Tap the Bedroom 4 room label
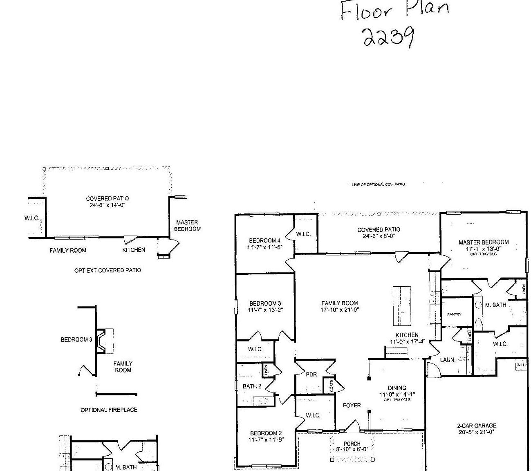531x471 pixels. (264, 240)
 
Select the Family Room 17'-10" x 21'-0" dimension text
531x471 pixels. (339, 310)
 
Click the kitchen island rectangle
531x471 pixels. (401, 305)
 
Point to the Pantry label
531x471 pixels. (454, 314)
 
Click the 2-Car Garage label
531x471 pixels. (476, 426)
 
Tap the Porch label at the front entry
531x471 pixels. (352, 444)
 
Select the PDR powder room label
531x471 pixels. (311, 374)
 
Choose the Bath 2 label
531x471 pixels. (252, 386)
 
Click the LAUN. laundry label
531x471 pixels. (448, 360)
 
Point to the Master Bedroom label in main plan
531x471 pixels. (483, 242)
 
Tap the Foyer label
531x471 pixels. (352, 405)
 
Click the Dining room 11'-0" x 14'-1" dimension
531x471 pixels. (397, 395)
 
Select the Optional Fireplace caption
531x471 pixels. (109, 410)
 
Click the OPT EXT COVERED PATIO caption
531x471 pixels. (108, 270)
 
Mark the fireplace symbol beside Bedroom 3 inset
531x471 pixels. (105, 340)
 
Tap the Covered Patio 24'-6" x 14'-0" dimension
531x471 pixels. (108, 205)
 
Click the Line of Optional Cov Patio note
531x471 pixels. (378, 184)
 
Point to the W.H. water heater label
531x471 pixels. (521, 365)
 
